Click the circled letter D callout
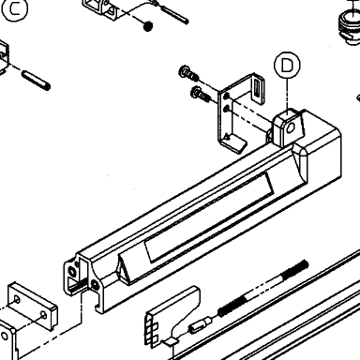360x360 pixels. [287, 65]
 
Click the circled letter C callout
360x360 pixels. [14, 8]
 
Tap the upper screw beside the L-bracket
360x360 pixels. [188, 73]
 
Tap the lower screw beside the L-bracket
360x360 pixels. [201, 94]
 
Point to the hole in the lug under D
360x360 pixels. [291, 127]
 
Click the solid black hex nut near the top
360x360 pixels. [148, 26]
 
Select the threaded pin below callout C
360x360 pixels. [36, 81]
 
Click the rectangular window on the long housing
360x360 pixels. [208, 217]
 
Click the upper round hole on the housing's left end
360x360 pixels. [72, 271]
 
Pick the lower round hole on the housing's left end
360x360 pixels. [95, 284]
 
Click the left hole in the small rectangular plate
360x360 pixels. [17, 300]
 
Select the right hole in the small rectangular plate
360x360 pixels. [44, 315]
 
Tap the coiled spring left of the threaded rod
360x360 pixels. [232, 307]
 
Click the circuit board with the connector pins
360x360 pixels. [172, 316]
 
